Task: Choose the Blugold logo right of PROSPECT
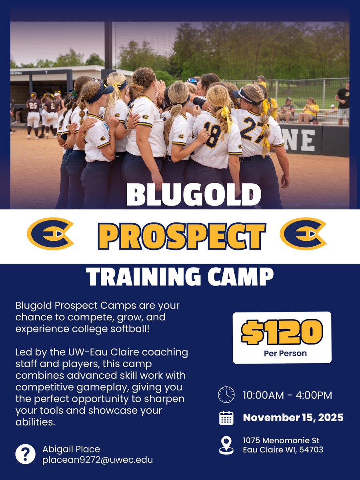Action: tap(303, 234)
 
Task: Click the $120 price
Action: tap(282, 332)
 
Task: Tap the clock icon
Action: tap(226, 395)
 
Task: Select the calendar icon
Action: tap(226, 418)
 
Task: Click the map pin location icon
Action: tap(226, 445)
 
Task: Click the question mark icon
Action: tap(25, 454)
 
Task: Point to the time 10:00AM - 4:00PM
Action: tap(287, 395)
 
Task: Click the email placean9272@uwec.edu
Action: tap(98, 460)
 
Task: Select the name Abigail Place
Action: tap(71, 449)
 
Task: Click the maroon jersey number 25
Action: tap(34, 106)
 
